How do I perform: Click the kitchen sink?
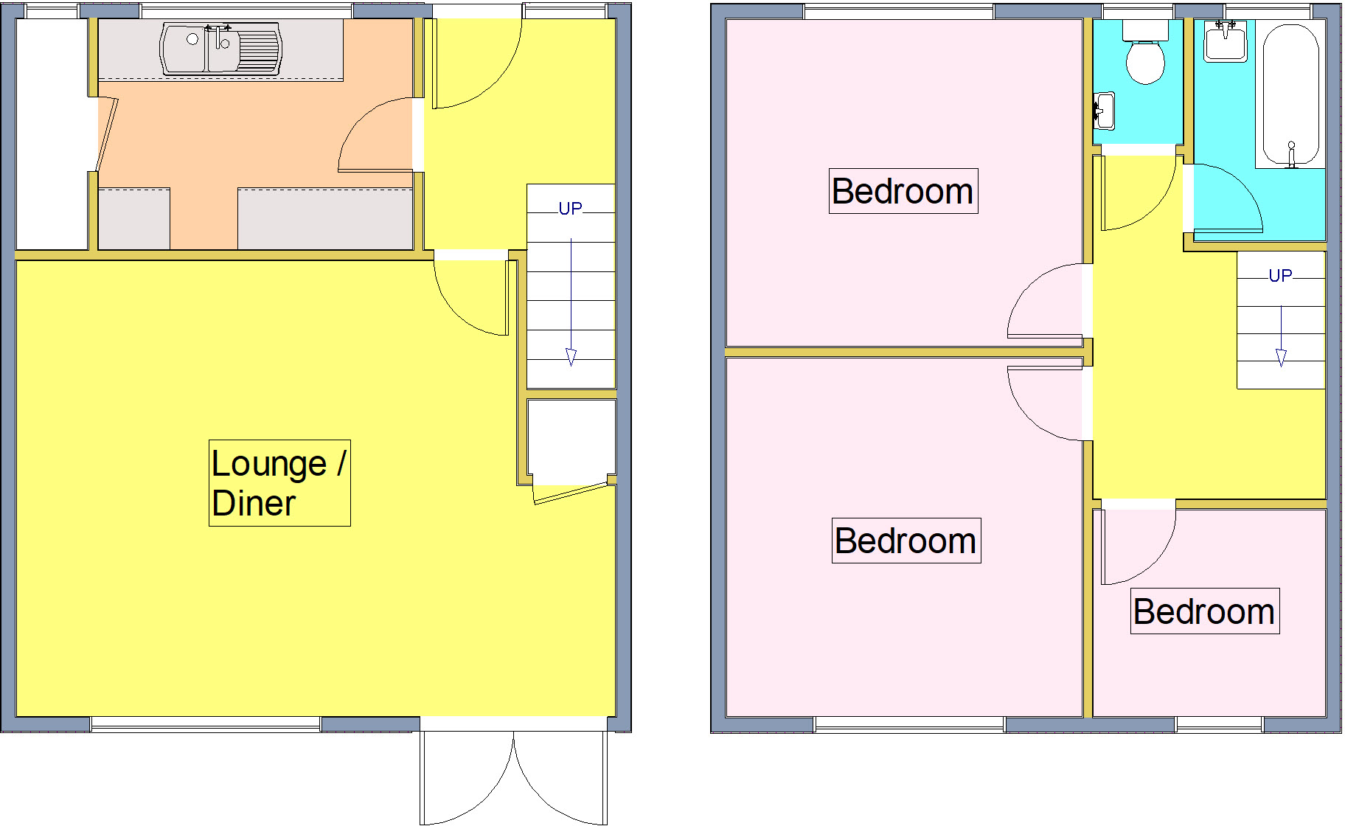click(220, 49)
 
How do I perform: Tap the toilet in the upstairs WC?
click(1145, 59)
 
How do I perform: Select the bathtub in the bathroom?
click(1290, 92)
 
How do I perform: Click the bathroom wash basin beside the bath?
click(1226, 41)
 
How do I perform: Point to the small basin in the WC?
click(1104, 111)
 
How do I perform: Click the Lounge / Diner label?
click(279, 483)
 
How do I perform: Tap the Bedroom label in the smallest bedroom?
click(1204, 611)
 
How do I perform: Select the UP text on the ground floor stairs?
click(570, 209)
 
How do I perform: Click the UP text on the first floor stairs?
click(1280, 276)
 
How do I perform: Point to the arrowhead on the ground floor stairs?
click(571, 358)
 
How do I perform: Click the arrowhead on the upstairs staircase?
click(1281, 358)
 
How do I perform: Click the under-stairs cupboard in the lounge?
click(571, 439)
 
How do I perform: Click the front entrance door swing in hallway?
click(476, 66)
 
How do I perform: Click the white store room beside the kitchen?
click(52, 133)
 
